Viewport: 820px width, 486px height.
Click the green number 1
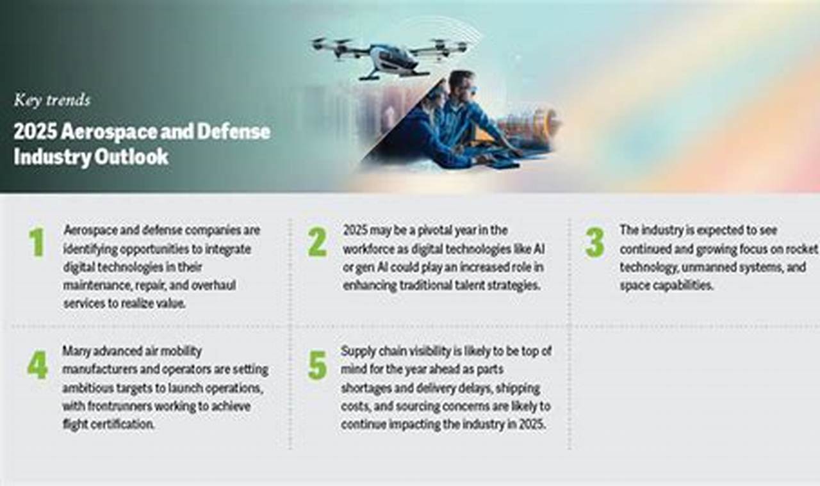[x=37, y=243]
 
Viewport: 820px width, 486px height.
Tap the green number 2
[x=316, y=243]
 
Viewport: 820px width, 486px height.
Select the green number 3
[x=594, y=243]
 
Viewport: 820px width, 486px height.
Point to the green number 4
[x=37, y=365]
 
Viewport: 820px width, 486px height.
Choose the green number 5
[x=317, y=365]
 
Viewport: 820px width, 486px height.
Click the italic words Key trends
[x=52, y=100]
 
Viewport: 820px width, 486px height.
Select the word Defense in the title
[x=234, y=132]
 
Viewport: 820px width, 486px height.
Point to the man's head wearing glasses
[x=461, y=86]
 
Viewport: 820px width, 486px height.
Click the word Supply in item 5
[x=357, y=351]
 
